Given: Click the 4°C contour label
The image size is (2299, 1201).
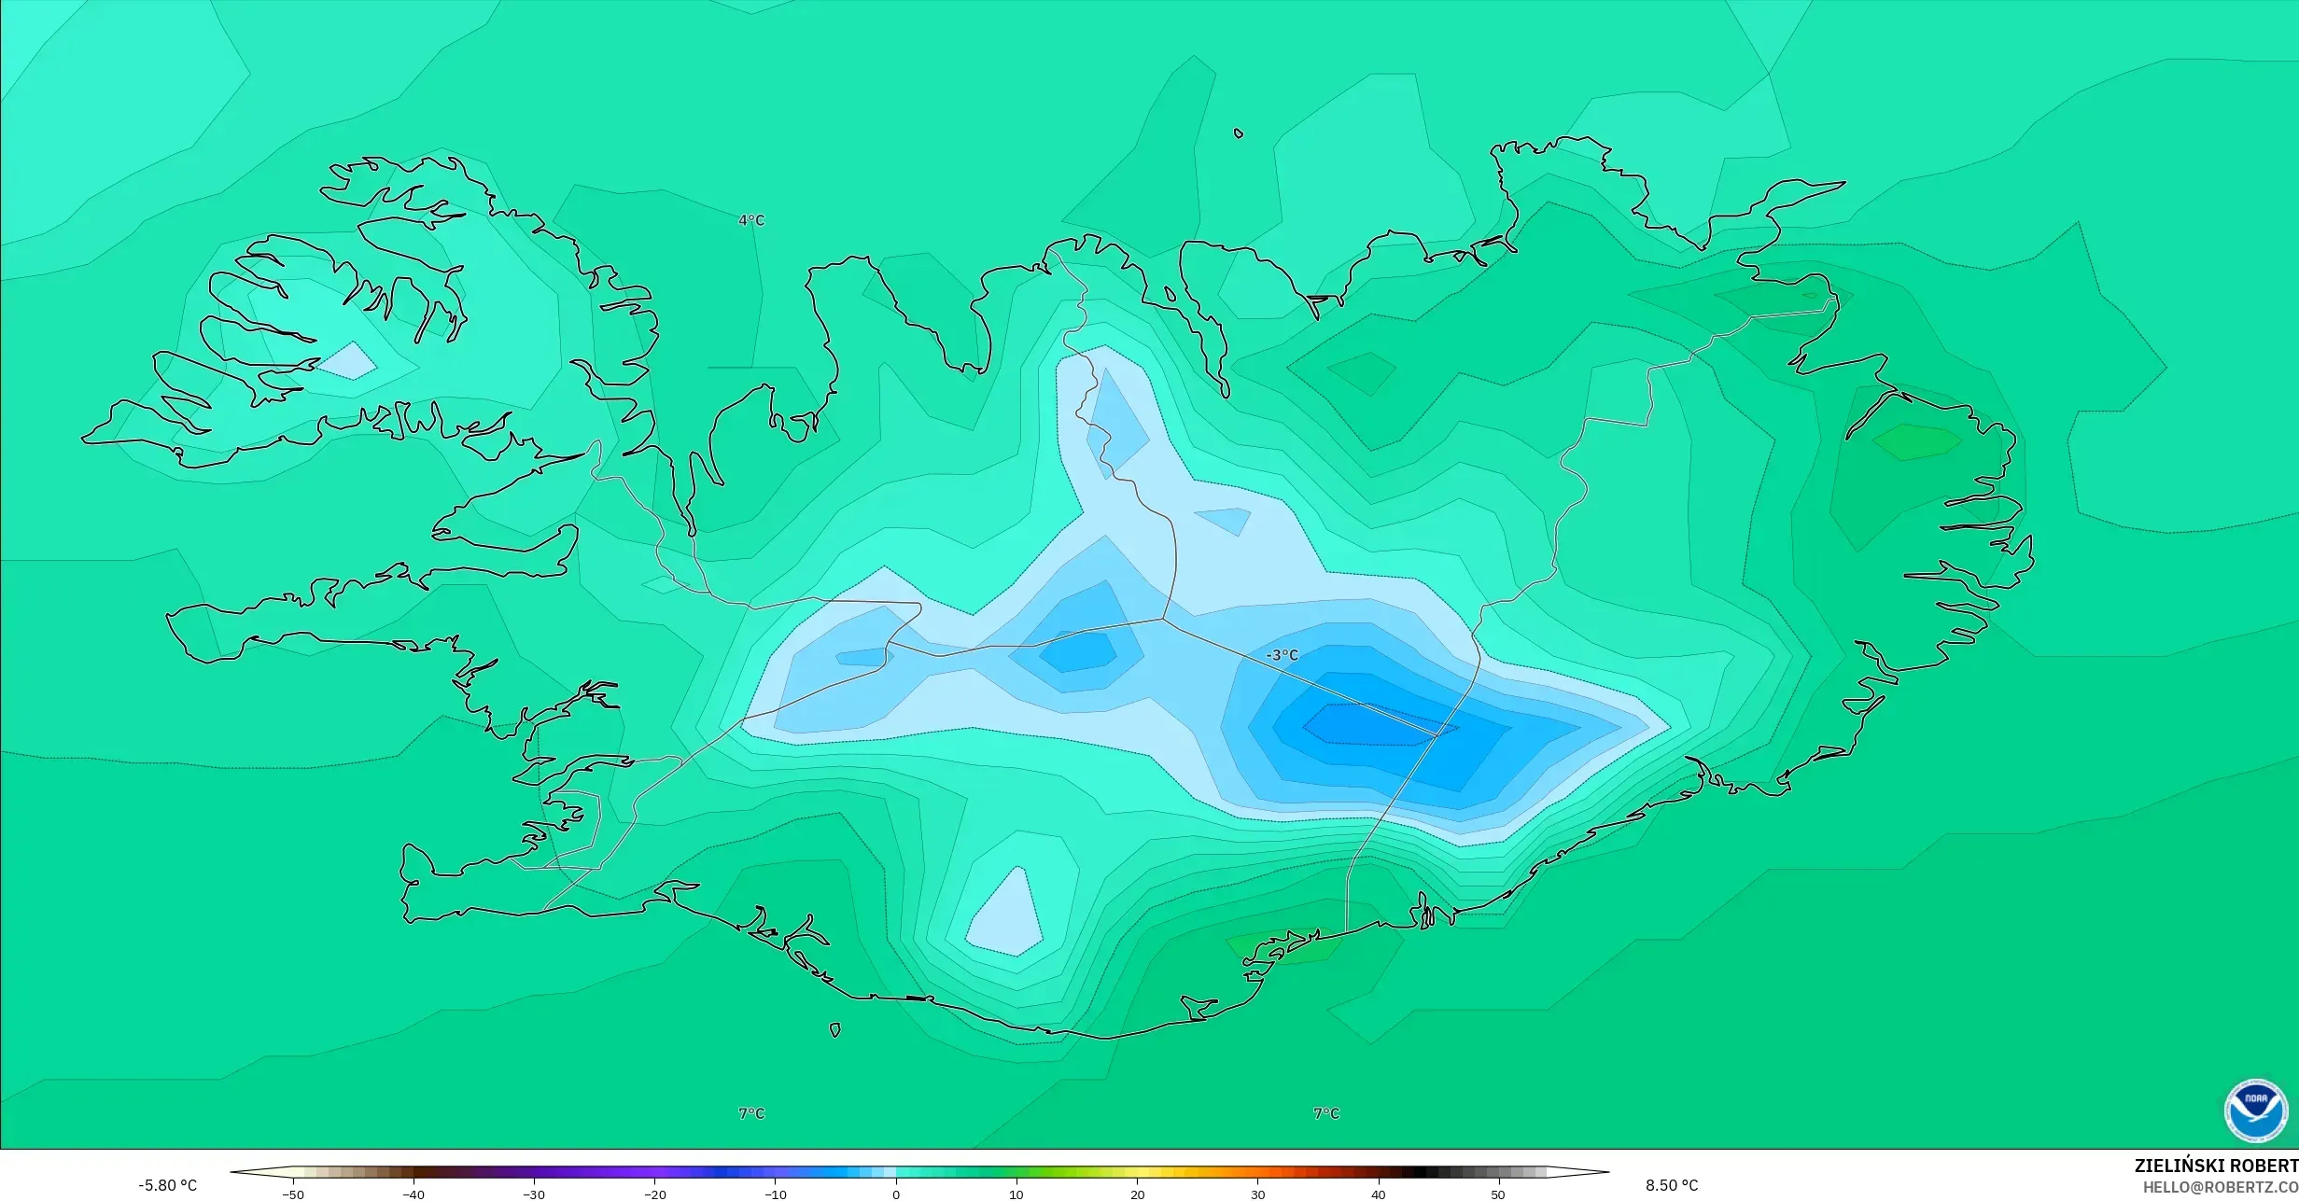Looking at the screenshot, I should [751, 220].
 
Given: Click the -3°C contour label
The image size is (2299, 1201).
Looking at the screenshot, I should [1283, 655].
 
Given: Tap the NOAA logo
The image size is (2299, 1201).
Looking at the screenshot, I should [2255, 1110].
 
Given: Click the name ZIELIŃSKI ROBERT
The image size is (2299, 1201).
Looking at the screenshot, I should [2216, 1166].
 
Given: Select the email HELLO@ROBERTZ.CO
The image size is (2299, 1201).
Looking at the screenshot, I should [2220, 1187].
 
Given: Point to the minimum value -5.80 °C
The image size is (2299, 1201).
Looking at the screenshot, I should [168, 1185].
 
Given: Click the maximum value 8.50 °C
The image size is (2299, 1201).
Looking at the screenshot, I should [1672, 1185].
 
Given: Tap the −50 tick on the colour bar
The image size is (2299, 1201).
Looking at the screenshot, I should [293, 1194].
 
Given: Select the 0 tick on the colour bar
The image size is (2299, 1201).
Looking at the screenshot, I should [896, 1194].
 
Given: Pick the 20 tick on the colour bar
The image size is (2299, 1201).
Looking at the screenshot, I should [1137, 1194].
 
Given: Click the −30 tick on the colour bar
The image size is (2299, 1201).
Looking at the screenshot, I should [534, 1194].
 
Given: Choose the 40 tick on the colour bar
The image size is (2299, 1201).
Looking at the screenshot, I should [1378, 1194].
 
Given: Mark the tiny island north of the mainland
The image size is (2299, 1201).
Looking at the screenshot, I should [1239, 133].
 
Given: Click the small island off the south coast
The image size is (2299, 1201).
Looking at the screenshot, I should [834, 1030].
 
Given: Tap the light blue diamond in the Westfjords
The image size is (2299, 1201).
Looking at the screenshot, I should [348, 361].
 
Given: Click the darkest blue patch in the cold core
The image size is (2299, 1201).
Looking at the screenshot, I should [1367, 725].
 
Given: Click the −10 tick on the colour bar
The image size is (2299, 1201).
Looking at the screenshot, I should [776, 1194].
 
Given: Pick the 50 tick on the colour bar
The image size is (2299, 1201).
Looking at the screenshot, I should [1498, 1194].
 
